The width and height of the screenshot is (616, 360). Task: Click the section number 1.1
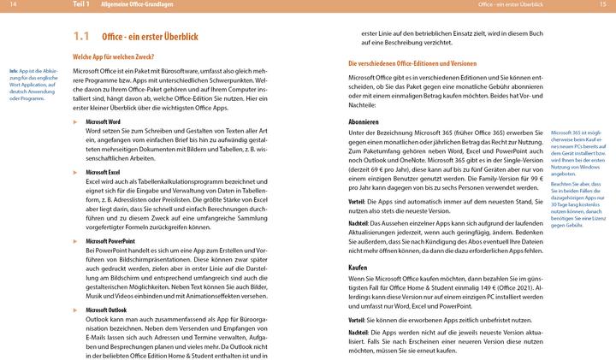(81, 37)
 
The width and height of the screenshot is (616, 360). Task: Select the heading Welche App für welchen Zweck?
(119, 56)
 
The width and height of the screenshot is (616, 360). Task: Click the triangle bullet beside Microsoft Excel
(75, 172)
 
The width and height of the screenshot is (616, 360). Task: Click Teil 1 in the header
(82, 5)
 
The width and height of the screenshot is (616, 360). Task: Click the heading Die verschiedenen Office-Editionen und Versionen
(412, 64)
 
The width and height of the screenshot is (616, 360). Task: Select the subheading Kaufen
(358, 268)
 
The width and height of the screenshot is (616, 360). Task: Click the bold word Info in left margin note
(14, 69)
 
